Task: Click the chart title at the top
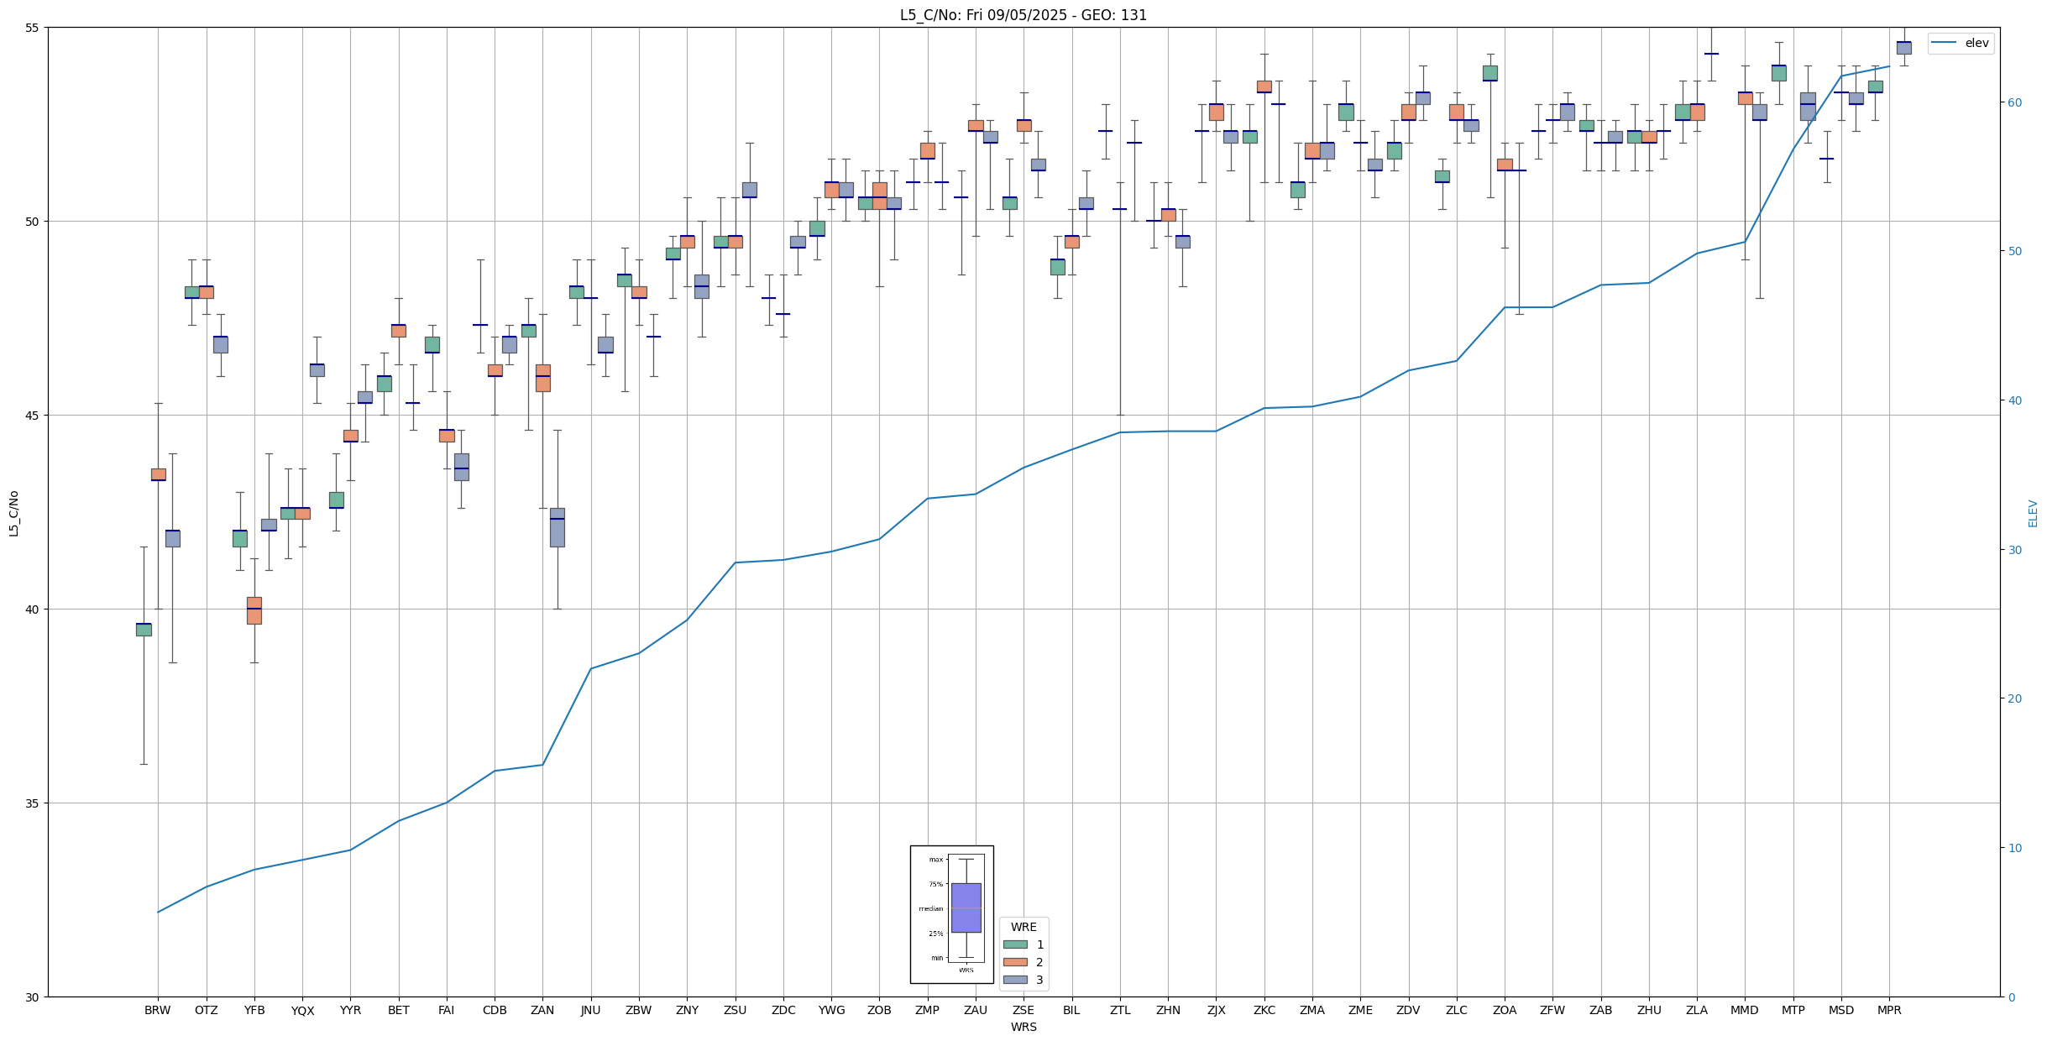(x=1023, y=15)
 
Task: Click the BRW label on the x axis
(x=157, y=1010)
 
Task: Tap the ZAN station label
(x=542, y=1010)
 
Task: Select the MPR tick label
(x=1889, y=1010)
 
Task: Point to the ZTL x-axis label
(x=1120, y=1010)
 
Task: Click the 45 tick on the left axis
(x=34, y=416)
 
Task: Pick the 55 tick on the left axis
(x=34, y=28)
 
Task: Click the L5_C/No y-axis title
(x=13, y=513)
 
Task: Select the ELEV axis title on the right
(x=2033, y=513)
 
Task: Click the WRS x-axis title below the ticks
(x=1023, y=1027)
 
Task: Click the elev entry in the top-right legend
(x=1976, y=43)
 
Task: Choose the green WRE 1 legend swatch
(x=1015, y=944)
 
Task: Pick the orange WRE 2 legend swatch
(x=1015, y=962)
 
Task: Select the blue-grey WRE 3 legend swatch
(x=1015, y=980)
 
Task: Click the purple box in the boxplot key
(x=966, y=908)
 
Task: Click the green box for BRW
(x=144, y=630)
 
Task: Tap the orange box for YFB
(x=254, y=610)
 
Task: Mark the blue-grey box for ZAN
(x=558, y=527)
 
